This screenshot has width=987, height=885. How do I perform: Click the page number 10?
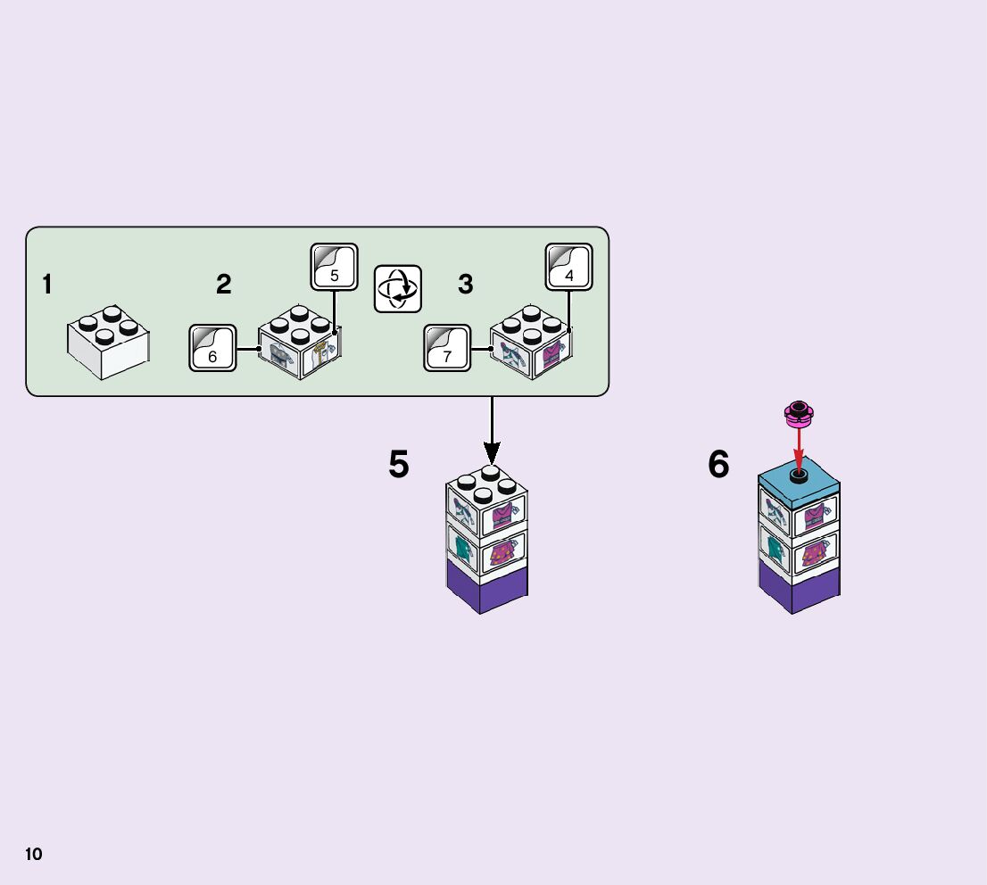pos(33,855)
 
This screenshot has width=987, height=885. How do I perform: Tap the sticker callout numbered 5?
pos(334,267)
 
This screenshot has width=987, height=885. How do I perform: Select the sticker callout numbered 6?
pos(212,348)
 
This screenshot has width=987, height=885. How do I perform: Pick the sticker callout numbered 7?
pos(447,348)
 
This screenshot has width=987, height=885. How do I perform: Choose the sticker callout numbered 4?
pos(568,267)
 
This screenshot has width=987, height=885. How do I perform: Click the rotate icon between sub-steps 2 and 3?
pos(398,289)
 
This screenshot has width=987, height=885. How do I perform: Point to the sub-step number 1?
pos(46,285)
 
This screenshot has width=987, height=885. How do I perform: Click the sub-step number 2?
pos(223,285)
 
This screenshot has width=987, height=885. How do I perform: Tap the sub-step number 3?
pos(465,285)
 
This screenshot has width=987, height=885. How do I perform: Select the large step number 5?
pos(398,465)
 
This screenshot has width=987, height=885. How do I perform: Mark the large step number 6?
pos(718,465)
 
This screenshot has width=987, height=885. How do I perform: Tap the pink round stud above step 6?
pos(799,411)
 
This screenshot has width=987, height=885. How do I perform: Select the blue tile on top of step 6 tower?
pos(799,483)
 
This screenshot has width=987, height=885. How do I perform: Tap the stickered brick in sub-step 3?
pos(531,343)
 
